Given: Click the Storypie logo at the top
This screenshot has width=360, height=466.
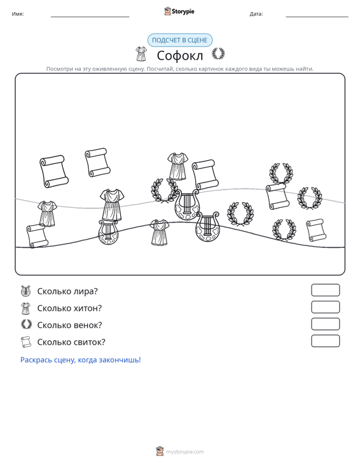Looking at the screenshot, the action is (x=179, y=11).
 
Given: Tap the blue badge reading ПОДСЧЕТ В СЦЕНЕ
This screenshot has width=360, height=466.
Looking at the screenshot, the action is (x=180, y=40).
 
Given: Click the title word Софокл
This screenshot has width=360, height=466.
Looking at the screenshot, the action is (x=180, y=55).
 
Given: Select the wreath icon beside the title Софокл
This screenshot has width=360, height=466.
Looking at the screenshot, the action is (x=218, y=54).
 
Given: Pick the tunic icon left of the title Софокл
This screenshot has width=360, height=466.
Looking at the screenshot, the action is (x=141, y=54).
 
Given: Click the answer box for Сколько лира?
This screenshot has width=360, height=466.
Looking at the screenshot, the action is (x=325, y=290).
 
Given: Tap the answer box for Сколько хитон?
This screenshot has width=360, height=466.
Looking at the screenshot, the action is (x=325, y=307).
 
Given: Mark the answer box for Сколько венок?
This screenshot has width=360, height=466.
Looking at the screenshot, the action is (x=325, y=324).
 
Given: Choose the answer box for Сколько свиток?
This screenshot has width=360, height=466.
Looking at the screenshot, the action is (x=325, y=341).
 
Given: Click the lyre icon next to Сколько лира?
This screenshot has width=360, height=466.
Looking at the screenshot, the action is (x=26, y=291).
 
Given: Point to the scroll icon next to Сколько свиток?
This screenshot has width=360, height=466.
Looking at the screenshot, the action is (x=26, y=342).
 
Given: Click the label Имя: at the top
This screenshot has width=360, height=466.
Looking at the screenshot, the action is (x=18, y=14).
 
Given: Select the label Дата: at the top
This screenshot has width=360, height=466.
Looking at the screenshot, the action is (x=256, y=14).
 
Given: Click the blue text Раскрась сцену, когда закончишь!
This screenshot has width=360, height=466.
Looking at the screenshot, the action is (x=81, y=360).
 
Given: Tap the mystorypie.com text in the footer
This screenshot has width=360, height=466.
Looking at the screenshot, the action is (x=185, y=452).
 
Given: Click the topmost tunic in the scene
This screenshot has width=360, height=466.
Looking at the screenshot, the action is (x=177, y=167).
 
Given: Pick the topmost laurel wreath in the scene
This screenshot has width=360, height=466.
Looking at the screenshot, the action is (x=281, y=174).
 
